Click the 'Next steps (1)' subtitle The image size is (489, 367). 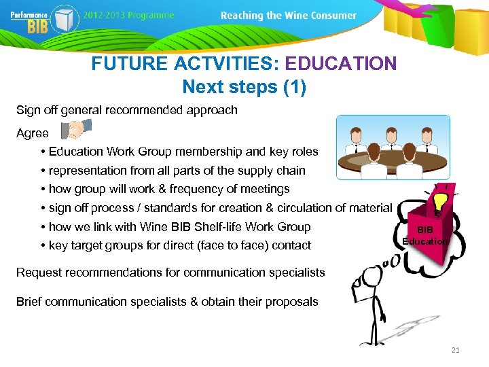tap(244, 87)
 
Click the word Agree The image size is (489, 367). tap(33, 133)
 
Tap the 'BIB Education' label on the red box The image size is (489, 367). tap(424, 236)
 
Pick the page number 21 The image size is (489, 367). tap(455, 350)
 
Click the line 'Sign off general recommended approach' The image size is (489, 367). tap(127, 110)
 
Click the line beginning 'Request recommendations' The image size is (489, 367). tap(170, 273)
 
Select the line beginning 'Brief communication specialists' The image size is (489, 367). tap(167, 302)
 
